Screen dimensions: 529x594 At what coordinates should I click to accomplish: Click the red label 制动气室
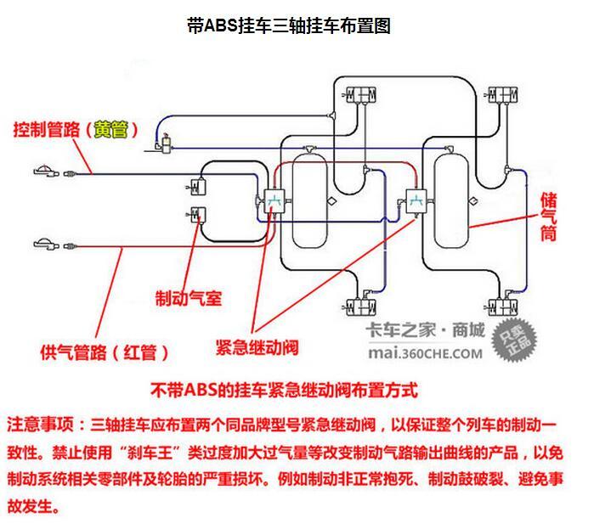click(x=188, y=298)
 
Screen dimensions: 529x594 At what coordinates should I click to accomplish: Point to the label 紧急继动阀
click(x=257, y=347)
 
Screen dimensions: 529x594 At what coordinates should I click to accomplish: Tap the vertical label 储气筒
click(x=549, y=216)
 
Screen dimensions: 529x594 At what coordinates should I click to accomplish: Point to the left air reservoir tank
click(x=309, y=200)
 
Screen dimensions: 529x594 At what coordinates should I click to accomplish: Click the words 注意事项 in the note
click(x=40, y=424)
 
